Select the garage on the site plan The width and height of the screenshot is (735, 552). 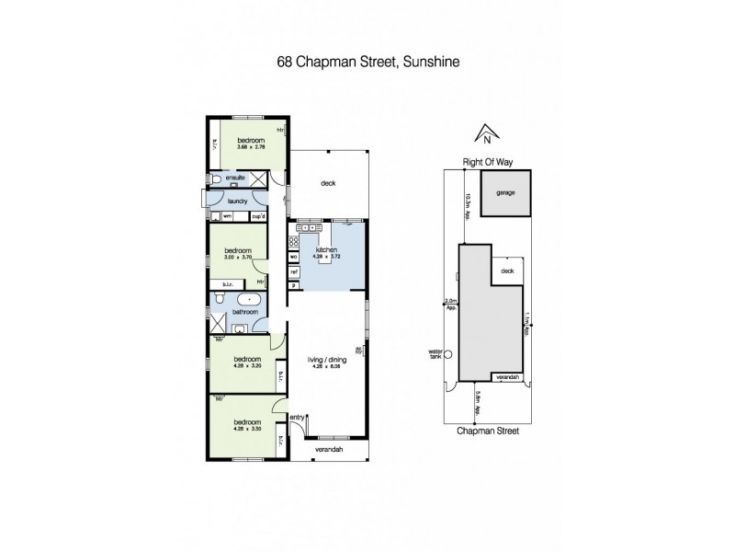click(504, 195)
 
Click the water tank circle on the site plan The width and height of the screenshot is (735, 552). click(448, 354)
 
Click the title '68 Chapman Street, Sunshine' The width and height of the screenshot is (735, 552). click(367, 63)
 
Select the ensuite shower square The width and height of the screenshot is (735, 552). click(259, 178)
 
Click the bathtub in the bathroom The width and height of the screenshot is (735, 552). click(249, 299)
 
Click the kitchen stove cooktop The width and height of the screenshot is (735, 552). click(294, 242)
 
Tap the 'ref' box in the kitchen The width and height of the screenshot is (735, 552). click(294, 272)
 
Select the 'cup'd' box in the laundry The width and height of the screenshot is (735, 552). click(259, 217)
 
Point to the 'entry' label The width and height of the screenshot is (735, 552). click(296, 418)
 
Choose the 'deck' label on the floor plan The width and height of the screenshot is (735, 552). click(328, 183)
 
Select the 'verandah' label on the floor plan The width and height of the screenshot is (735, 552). click(328, 449)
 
